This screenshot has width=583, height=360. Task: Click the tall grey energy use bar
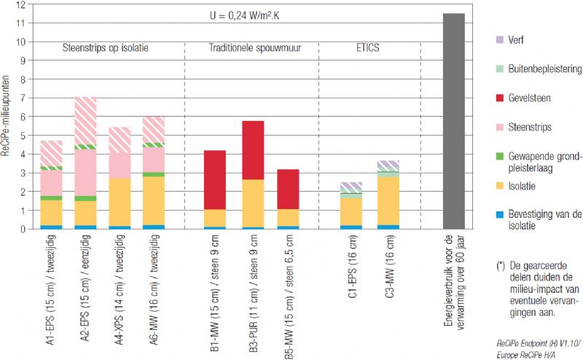[453, 120]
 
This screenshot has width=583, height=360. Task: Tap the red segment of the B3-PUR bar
[253, 149]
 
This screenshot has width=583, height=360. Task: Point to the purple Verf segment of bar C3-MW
[388, 165]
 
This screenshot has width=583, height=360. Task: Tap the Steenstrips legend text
[509, 126]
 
